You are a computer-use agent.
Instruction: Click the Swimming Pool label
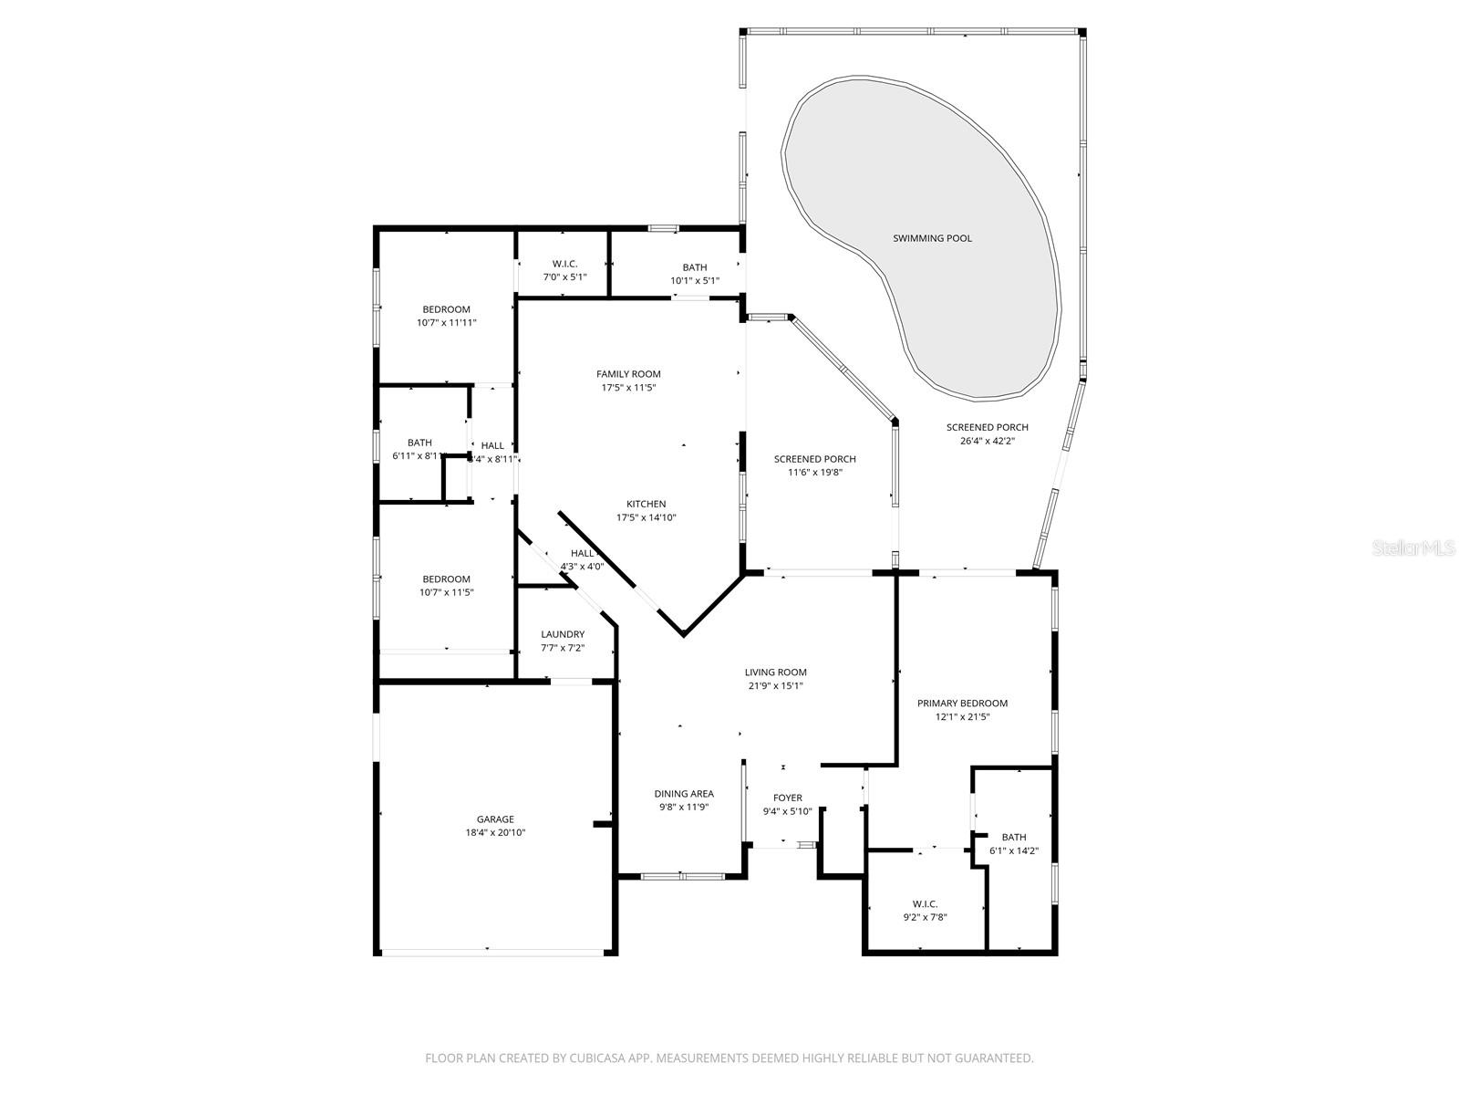[932, 238]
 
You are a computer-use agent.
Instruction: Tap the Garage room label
[495, 819]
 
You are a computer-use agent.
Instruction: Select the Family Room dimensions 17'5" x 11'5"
[628, 388]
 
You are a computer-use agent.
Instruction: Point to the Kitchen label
[646, 504]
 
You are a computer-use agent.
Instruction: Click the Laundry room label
[563, 634]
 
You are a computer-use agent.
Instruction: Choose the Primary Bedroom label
[962, 704]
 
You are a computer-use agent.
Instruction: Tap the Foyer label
[787, 798]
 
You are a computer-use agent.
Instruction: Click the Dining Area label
[684, 794]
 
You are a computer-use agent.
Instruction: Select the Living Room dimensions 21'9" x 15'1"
[775, 686]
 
